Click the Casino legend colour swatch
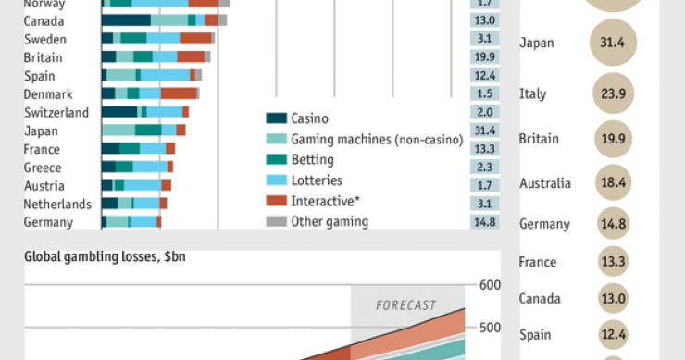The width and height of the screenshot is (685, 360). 276,118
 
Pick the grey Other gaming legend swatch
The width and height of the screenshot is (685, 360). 276,221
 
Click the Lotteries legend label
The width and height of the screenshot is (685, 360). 316,180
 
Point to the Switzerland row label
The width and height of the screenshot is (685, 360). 56,112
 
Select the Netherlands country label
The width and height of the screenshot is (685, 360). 56,204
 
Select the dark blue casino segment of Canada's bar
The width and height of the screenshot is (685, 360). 126,19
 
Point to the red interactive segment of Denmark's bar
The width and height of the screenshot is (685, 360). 179,93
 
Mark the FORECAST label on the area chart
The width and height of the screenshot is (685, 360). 405,304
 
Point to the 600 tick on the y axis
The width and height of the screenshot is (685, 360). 490,285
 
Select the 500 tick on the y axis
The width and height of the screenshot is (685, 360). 490,328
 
